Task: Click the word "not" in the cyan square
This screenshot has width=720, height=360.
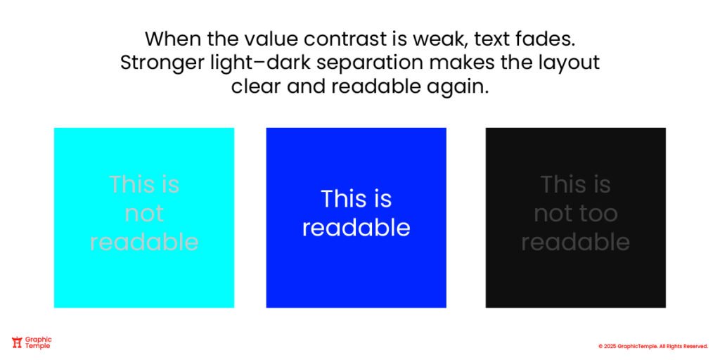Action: [x=144, y=213]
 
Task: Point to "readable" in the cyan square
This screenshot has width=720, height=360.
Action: [x=144, y=242]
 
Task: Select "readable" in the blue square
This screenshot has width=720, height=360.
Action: [x=356, y=228]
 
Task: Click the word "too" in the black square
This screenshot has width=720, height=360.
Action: [x=599, y=213]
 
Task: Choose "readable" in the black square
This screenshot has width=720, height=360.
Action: [x=575, y=242]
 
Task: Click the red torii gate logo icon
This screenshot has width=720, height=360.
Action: [x=18, y=342]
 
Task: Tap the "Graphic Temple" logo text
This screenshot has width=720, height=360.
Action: [x=39, y=342]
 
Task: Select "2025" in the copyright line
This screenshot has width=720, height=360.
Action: [x=610, y=346]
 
